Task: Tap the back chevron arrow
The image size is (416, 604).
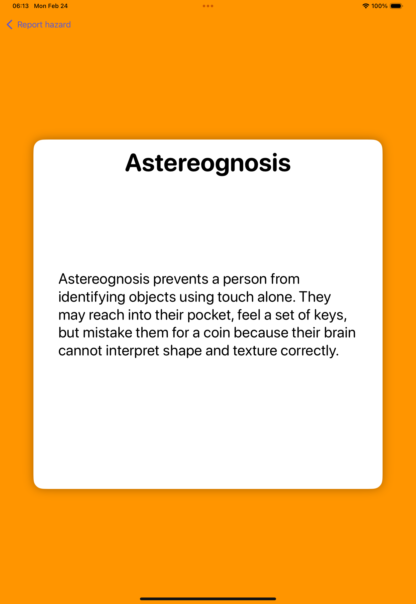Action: click(x=9, y=24)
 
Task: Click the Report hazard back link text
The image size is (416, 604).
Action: click(x=44, y=24)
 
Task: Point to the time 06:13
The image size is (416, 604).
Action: click(x=21, y=6)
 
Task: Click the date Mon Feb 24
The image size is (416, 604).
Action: click(x=51, y=6)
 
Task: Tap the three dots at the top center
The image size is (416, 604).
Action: click(x=208, y=6)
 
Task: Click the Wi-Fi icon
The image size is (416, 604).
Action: click(x=366, y=6)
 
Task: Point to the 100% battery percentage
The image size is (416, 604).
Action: click(x=379, y=6)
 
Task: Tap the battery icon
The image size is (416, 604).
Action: click(x=397, y=6)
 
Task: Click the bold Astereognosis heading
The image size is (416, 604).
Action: click(x=208, y=163)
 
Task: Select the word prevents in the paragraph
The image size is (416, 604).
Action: click(x=181, y=279)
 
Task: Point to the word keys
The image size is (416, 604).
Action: click(x=330, y=315)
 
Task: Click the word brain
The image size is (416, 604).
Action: click(x=340, y=333)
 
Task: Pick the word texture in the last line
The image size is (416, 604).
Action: click(x=255, y=351)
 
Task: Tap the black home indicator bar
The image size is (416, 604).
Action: click(x=208, y=599)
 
